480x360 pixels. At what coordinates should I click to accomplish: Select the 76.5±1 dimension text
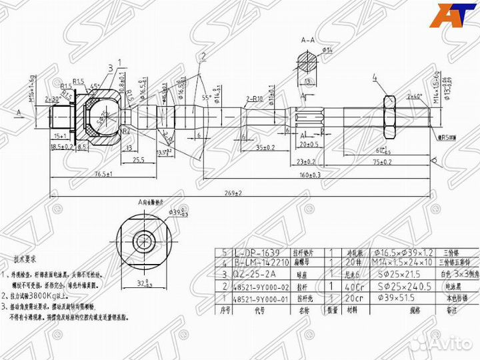101,173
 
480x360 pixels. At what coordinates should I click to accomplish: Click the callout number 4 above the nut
375,79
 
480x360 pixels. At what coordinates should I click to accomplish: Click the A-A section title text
308,41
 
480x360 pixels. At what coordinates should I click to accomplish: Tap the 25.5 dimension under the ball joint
139,161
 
